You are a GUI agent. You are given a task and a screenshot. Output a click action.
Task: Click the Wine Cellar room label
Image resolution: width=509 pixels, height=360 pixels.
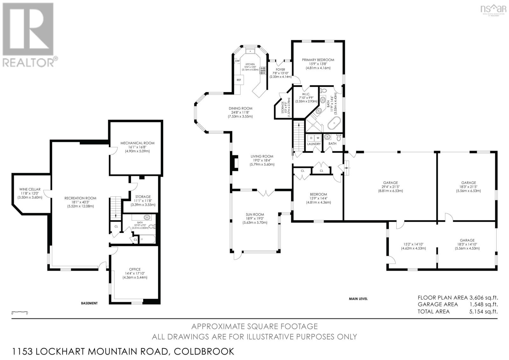(x=30, y=189)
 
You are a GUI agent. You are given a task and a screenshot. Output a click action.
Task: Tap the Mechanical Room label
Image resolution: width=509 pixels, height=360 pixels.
(x=137, y=143)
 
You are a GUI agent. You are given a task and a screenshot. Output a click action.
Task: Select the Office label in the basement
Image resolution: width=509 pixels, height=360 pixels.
(x=135, y=269)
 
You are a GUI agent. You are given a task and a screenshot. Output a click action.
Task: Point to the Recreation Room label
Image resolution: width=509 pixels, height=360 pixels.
(x=80, y=198)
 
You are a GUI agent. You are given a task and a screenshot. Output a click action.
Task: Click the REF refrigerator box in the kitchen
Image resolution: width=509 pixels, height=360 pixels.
(x=239, y=80)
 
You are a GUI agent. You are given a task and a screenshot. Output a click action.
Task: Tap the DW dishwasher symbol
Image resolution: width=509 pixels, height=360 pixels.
(x=237, y=61)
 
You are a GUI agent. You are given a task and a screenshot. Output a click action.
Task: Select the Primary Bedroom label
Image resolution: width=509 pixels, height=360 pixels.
(x=318, y=60)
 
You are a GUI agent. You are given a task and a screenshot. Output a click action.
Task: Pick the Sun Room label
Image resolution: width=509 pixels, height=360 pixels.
(x=255, y=215)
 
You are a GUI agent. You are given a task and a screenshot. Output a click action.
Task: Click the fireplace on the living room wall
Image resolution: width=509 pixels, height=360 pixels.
(x=235, y=162)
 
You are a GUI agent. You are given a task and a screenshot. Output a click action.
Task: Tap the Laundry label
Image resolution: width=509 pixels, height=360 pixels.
(x=314, y=144)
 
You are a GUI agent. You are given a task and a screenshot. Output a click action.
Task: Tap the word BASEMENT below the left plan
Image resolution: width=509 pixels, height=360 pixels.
(x=89, y=303)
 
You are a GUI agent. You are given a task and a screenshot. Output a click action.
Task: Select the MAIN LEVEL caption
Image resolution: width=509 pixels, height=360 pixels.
(x=358, y=299)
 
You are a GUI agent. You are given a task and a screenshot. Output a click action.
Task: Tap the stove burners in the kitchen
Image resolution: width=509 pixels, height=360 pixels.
(x=263, y=70)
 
